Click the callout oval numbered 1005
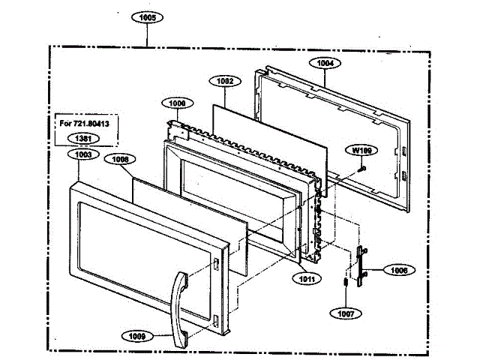(148, 16)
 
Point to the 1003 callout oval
(85, 154)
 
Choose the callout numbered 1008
(121, 159)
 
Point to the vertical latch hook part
(364, 265)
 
